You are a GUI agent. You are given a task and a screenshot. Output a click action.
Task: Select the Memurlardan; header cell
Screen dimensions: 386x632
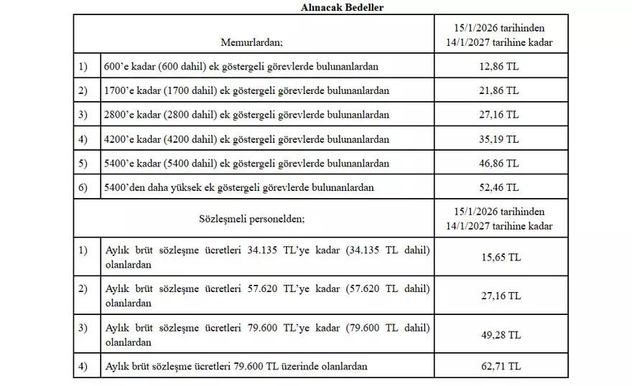(x=251, y=42)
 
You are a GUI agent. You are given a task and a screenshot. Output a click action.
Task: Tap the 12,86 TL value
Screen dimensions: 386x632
(x=500, y=67)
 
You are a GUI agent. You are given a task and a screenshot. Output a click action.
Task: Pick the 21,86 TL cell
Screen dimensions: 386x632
(x=500, y=91)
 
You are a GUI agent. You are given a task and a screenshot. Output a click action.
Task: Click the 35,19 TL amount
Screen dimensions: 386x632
(x=500, y=139)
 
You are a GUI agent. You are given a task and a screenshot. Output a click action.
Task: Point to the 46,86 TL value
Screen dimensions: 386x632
(x=500, y=164)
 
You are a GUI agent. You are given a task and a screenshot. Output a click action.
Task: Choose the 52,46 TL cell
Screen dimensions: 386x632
(x=500, y=188)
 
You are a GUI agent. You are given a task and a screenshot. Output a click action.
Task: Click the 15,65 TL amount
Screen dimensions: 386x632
(x=500, y=256)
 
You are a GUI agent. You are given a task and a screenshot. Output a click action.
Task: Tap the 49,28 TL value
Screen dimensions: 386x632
(x=500, y=335)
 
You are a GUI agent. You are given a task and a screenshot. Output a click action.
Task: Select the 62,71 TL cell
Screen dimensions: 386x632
(x=500, y=367)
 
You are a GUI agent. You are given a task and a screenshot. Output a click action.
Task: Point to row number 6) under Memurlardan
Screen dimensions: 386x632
(x=83, y=188)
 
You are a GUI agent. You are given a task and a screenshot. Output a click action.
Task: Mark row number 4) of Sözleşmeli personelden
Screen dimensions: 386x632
(x=83, y=367)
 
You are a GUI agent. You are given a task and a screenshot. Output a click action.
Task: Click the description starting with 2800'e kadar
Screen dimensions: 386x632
(x=247, y=115)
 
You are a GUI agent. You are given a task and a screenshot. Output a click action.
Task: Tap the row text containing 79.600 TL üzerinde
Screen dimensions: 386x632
(x=236, y=367)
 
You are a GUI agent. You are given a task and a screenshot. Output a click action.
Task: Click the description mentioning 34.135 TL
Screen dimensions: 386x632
(x=267, y=256)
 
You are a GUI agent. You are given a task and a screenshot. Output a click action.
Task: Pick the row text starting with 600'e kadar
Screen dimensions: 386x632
(x=242, y=67)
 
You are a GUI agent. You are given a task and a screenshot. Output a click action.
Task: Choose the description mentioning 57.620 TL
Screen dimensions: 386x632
(x=267, y=296)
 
